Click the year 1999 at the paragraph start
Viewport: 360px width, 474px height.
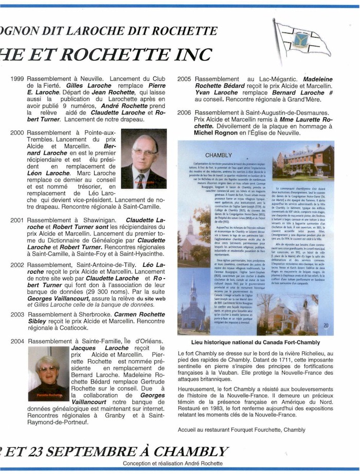(x=17, y=79)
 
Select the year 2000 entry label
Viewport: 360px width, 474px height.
(x=17, y=133)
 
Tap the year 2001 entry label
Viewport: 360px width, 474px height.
(x=17, y=220)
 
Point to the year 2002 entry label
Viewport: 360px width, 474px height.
(x=17, y=265)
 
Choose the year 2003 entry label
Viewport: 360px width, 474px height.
(x=17, y=314)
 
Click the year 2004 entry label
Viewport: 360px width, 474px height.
(x=17, y=341)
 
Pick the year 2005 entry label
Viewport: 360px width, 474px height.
(x=184, y=79)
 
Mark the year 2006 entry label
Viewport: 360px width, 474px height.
(x=184, y=112)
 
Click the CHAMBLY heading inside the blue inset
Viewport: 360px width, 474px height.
(x=219, y=155)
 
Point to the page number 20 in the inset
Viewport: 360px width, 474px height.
(x=326, y=325)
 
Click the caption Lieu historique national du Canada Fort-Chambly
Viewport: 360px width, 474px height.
(x=255, y=342)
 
